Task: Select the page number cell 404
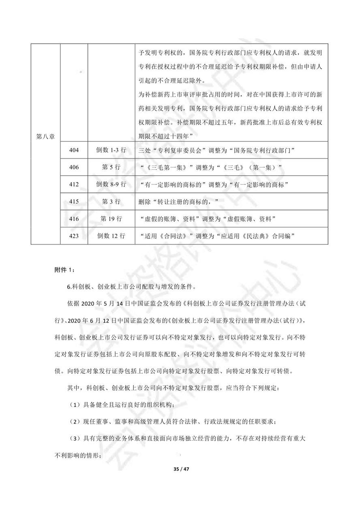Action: click(x=74, y=150)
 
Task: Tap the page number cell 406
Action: click(x=74, y=167)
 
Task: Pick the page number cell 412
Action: click(x=74, y=184)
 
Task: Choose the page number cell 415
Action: click(x=74, y=201)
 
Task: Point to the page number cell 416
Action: click(x=74, y=219)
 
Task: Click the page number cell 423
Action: click(x=74, y=236)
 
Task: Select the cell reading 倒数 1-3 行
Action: click(x=111, y=150)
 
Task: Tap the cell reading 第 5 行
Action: click(x=111, y=167)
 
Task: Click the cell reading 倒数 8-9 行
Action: click(x=111, y=184)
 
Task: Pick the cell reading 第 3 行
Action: click(x=111, y=201)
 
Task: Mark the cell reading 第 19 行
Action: click(x=111, y=219)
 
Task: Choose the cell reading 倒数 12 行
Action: click(x=111, y=236)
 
